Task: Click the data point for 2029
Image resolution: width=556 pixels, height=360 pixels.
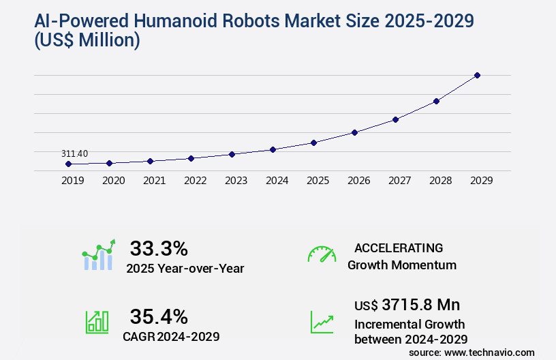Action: [x=477, y=75]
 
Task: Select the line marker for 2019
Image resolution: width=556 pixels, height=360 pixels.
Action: [x=68, y=164]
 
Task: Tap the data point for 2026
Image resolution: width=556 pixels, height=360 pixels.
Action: [x=354, y=132]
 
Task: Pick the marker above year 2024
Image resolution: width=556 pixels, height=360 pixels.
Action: [x=273, y=149]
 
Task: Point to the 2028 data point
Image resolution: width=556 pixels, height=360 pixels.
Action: [x=436, y=101]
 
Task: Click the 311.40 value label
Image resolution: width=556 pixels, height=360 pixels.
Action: [x=74, y=153]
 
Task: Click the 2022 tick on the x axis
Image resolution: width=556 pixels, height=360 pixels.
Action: [x=195, y=181]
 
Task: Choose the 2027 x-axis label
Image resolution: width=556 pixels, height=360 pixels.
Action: [x=399, y=181]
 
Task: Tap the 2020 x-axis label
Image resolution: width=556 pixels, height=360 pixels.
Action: [x=113, y=181]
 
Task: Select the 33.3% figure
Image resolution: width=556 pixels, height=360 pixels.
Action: [x=159, y=247]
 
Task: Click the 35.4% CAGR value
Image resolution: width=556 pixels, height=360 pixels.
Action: [x=159, y=316]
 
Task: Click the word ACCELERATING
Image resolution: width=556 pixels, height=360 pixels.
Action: [x=399, y=247]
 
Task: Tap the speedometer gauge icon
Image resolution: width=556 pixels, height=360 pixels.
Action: [x=322, y=254]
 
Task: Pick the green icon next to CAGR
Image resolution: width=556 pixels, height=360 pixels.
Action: [x=97, y=322]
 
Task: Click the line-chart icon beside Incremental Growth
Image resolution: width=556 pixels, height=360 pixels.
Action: [x=322, y=322]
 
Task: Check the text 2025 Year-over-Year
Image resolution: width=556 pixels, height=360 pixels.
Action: [x=185, y=269]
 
